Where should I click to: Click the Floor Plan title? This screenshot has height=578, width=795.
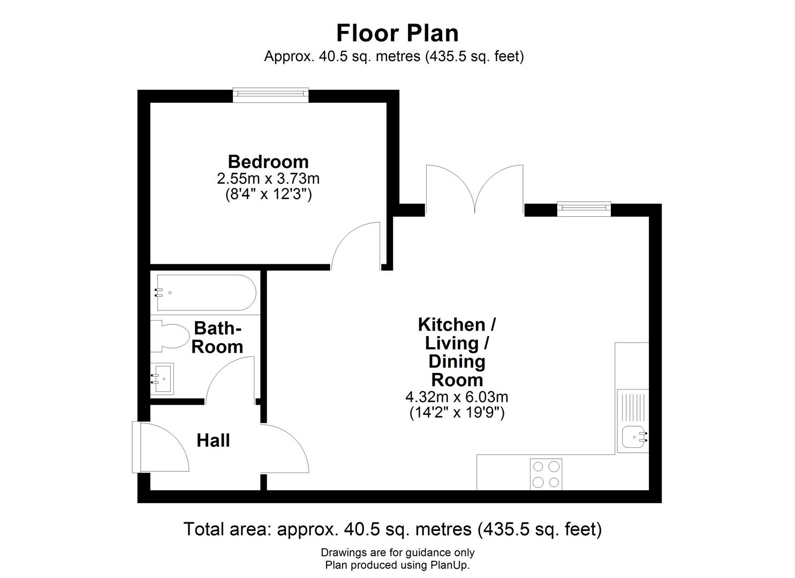tap(397, 33)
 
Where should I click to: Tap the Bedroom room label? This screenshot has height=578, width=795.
tap(268, 162)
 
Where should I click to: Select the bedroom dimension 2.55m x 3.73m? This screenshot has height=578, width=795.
tap(268, 178)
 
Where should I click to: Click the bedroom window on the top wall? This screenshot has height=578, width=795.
tap(271, 95)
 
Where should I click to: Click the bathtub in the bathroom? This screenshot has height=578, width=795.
tap(204, 293)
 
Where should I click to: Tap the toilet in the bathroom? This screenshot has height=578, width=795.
tap(170, 336)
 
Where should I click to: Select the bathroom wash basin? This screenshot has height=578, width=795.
tap(162, 379)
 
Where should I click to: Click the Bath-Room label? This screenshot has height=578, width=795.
tap(217, 337)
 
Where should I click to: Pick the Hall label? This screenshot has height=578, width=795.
tap(213, 440)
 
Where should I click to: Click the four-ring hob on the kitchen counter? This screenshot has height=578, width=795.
tap(546, 474)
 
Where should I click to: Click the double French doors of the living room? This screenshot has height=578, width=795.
tap(474, 190)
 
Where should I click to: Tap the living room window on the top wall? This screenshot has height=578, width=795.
tap(584, 209)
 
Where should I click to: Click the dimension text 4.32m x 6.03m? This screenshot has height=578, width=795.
tap(457, 398)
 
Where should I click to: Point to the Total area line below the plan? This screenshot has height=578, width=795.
tap(392, 529)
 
